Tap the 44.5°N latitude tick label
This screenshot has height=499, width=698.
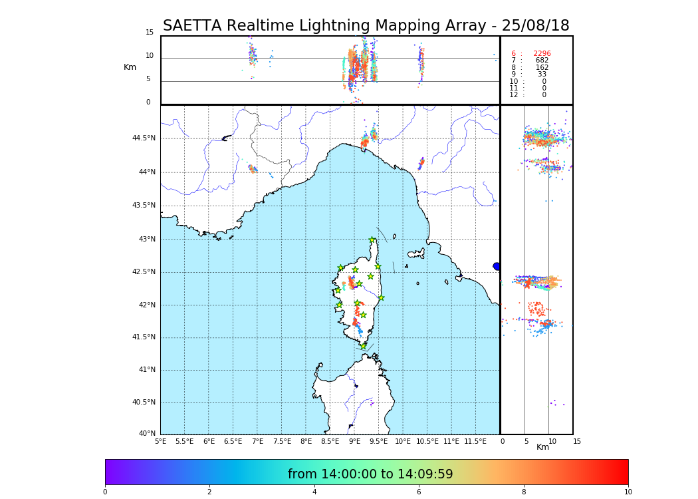coord(144,138)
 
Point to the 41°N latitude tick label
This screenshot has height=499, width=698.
coord(146,370)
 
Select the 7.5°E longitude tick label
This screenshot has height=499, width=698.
coord(282,441)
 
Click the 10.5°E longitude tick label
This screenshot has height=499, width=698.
coord(427,441)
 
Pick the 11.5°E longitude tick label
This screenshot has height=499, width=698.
coord(475,441)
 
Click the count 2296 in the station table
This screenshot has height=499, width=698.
coord(542,54)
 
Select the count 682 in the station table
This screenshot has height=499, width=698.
coord(542,61)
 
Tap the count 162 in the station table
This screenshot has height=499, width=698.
coord(542,68)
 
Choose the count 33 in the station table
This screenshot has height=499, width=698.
coord(542,75)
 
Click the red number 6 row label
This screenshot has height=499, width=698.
coord(513,54)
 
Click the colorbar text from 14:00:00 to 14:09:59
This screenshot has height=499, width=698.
coord(370,474)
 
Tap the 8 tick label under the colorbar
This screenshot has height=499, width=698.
coord(523,492)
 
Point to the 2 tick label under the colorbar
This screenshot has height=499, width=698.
coord(209,492)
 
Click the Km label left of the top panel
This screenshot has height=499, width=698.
coord(130,67)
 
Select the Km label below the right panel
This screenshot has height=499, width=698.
coord(542,447)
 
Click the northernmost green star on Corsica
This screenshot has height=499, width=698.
coord(372,240)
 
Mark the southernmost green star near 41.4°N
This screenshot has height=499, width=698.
coord(363,346)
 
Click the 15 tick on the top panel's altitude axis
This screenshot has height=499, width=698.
coord(150,33)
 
